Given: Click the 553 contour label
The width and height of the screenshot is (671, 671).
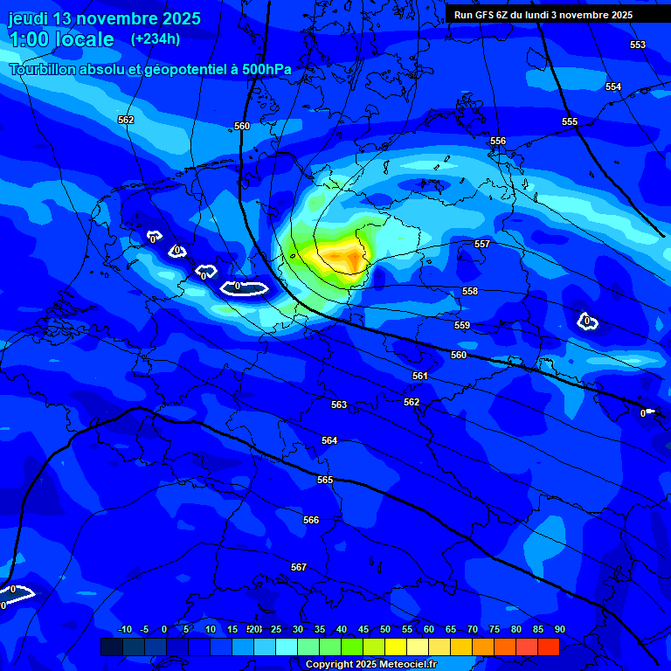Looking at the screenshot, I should pyautogui.click(x=638, y=45).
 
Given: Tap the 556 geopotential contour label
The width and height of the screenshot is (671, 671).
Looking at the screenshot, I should pyautogui.click(x=498, y=141).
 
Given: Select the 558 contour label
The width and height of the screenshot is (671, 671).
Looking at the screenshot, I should pyautogui.click(x=470, y=291).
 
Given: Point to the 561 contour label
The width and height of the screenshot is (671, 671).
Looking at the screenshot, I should pyautogui.click(x=420, y=376).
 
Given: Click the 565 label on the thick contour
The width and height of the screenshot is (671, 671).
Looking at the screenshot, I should pyautogui.click(x=325, y=480).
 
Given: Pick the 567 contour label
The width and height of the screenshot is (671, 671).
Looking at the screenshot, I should pyautogui.click(x=299, y=567).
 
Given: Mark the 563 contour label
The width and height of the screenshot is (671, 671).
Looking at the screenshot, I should pyautogui.click(x=339, y=405).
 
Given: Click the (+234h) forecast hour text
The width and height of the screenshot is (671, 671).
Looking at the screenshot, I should pyautogui.click(x=156, y=38).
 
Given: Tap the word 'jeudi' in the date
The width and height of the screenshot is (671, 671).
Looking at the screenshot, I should pyautogui.click(x=29, y=18).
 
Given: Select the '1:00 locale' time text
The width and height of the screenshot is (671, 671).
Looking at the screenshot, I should pyautogui.click(x=61, y=39).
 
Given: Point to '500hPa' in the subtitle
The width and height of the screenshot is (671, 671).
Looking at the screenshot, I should pyautogui.click(x=266, y=69).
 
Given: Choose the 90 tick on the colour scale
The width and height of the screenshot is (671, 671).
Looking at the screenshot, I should pyautogui.click(x=559, y=629).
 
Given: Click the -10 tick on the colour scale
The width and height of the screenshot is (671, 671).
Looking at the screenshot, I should pyautogui.click(x=124, y=629).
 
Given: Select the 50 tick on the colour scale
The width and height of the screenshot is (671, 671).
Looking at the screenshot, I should pyautogui.click(x=385, y=629).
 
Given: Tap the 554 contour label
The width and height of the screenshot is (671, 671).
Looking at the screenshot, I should pyautogui.click(x=613, y=86).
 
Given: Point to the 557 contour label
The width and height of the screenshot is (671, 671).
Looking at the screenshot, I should pyautogui.click(x=481, y=244).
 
